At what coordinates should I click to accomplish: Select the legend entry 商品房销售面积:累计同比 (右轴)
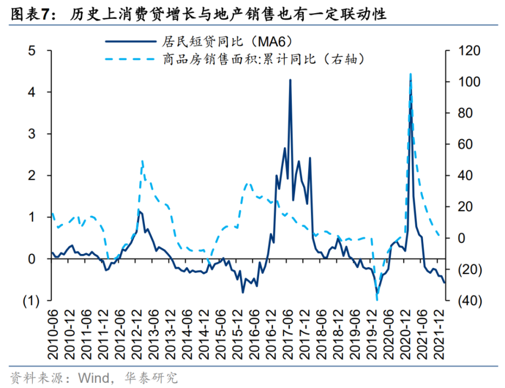[x=262, y=59]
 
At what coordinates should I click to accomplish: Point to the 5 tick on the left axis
[x=32, y=51]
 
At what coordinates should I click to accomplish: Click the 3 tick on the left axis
[x=32, y=134]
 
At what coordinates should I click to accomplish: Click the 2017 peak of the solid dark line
[x=290, y=79]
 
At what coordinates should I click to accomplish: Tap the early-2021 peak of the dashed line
[x=410, y=74]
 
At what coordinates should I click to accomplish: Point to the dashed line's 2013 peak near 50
[x=142, y=161]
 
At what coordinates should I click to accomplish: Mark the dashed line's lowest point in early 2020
[x=377, y=299]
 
